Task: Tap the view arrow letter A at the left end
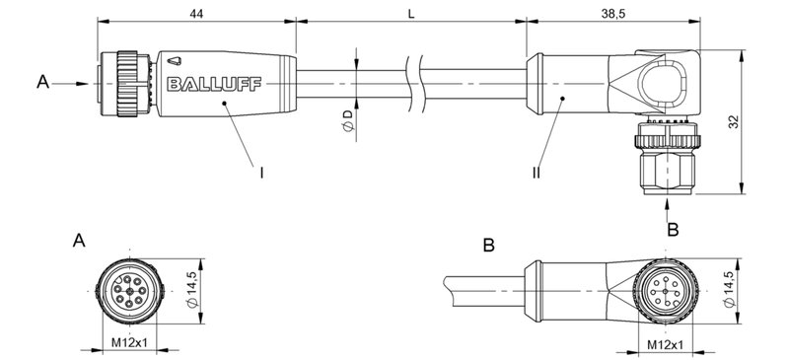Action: [41, 84]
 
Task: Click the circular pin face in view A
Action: [127, 290]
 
